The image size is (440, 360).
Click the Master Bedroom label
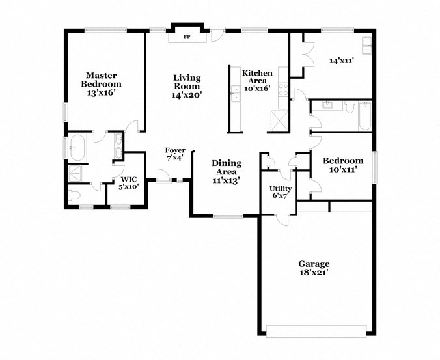tap(101, 79)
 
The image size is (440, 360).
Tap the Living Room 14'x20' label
tap(187, 86)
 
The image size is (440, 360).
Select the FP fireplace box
tap(187, 37)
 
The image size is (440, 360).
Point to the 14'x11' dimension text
tap(341, 61)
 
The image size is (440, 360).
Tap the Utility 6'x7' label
tap(281, 193)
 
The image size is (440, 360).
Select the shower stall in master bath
tap(76, 173)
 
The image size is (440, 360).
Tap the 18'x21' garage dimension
tap(314, 273)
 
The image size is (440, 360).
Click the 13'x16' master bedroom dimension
tap(101, 93)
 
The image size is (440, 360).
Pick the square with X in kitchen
tap(278, 119)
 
